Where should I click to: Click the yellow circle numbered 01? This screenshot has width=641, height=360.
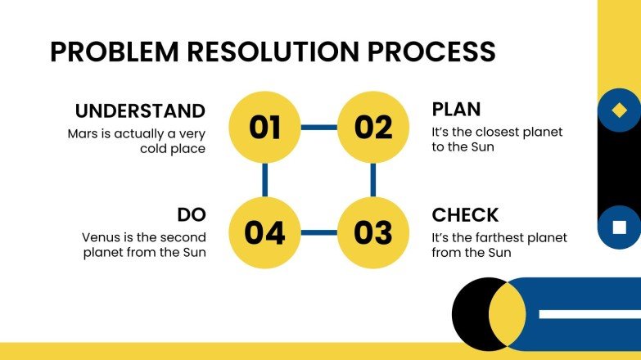(x=264, y=128)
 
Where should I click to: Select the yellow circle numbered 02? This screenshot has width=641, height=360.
(x=373, y=128)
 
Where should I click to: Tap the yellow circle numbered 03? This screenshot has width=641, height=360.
(x=373, y=233)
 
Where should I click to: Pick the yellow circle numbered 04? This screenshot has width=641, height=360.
(x=264, y=233)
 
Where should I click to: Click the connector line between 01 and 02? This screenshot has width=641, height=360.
(x=318, y=128)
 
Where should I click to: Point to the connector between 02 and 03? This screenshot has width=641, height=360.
(x=373, y=180)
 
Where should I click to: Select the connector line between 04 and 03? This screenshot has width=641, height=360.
(x=318, y=233)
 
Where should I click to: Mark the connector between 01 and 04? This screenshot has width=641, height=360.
(x=264, y=180)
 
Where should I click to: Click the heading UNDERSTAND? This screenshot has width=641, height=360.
(x=140, y=110)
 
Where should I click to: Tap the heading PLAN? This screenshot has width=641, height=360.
(x=456, y=110)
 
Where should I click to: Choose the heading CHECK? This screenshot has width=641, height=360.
(x=465, y=215)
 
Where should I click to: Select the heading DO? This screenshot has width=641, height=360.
(x=191, y=215)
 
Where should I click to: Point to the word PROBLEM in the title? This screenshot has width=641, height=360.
(x=106, y=52)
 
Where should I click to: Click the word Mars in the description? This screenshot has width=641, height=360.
(x=83, y=133)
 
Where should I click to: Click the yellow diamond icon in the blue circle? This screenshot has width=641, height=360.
(x=620, y=110)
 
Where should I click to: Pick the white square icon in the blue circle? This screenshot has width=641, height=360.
(x=620, y=227)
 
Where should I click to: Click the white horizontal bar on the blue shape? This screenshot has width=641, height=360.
(x=589, y=314)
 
